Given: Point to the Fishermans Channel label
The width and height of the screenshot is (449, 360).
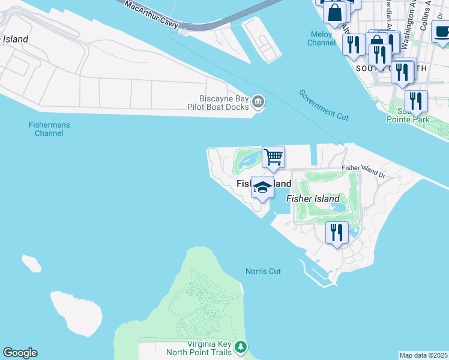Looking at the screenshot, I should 49,129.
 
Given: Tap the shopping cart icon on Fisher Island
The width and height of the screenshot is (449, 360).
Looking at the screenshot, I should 273,157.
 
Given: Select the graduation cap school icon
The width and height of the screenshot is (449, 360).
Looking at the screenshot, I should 262,187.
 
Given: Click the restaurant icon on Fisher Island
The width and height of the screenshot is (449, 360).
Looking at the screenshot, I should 337,232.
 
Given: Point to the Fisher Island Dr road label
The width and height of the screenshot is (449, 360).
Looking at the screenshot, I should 364,171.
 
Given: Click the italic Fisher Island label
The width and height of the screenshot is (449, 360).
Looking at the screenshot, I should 313,199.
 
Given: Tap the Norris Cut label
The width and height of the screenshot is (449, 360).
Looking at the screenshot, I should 263,271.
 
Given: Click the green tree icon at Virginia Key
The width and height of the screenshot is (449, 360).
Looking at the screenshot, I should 241,347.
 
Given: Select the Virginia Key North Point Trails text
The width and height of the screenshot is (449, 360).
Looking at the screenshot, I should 197,348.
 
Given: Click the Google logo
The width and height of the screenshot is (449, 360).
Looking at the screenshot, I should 20,353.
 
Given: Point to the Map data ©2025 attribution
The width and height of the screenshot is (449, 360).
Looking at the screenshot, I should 424,355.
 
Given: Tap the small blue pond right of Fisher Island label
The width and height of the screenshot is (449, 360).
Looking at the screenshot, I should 339,207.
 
